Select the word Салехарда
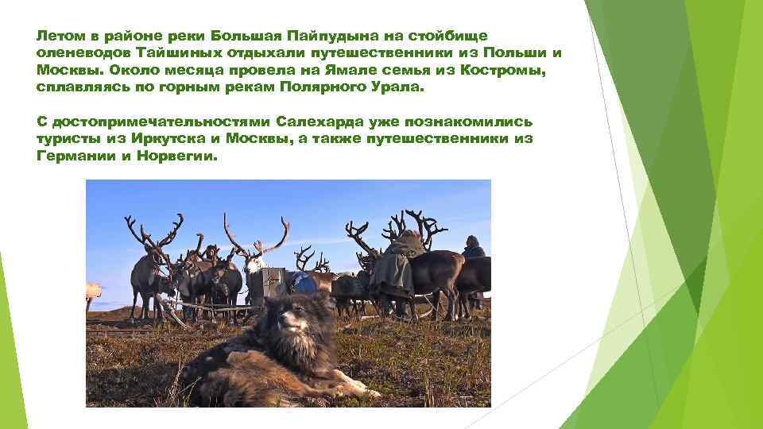pos(317,122)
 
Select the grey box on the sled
pos(265,281)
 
